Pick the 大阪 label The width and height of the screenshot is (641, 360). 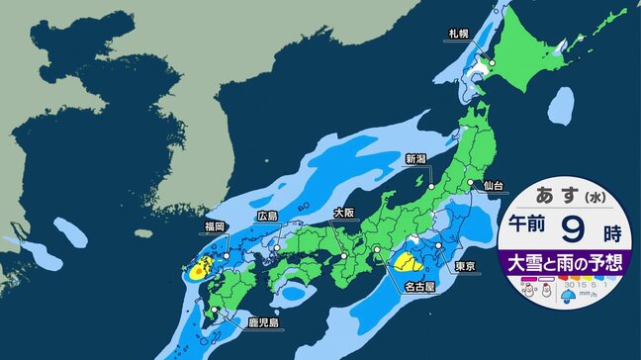(x=343, y=213)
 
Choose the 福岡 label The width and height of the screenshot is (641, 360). (x=215, y=227)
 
